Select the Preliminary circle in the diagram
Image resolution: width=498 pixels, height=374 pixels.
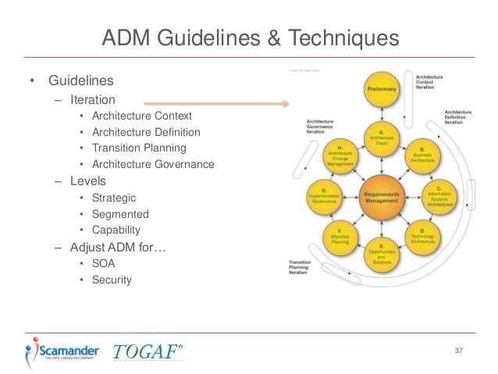(382, 90)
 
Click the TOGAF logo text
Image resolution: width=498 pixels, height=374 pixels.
(148, 351)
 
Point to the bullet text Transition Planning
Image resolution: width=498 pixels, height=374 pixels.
(139, 148)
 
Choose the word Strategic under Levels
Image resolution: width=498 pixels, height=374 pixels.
(113, 198)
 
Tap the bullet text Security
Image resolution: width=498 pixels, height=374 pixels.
(112, 280)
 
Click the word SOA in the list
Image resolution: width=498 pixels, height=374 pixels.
(103, 263)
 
